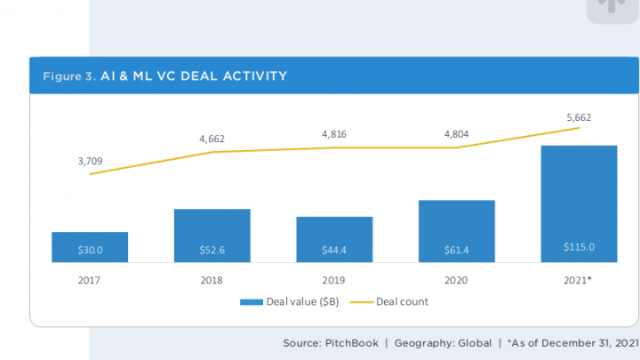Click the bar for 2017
90,247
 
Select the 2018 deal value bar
212,236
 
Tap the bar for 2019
334,239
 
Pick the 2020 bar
456,231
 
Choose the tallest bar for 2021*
579,204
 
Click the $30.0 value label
90,250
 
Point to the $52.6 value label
212,250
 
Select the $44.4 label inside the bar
334,250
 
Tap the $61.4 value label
456,250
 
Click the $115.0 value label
579,247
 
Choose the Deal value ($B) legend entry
289,301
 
